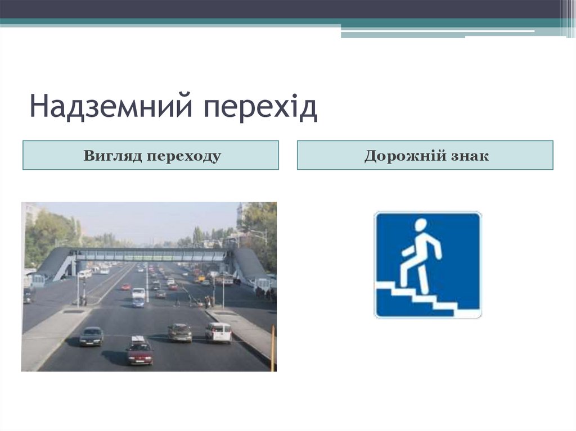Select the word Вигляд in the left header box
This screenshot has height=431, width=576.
(112, 156)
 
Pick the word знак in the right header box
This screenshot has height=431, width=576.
(469, 156)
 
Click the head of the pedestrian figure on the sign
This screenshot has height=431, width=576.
(421, 225)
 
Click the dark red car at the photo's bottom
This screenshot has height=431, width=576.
(139, 352)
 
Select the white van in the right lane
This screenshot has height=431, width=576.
(218, 332)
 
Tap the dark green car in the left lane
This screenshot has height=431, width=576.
(91, 336)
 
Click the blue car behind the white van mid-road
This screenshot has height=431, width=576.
(138, 303)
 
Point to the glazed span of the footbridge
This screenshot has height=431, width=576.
(152, 255)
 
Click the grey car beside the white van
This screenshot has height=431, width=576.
(180, 332)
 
